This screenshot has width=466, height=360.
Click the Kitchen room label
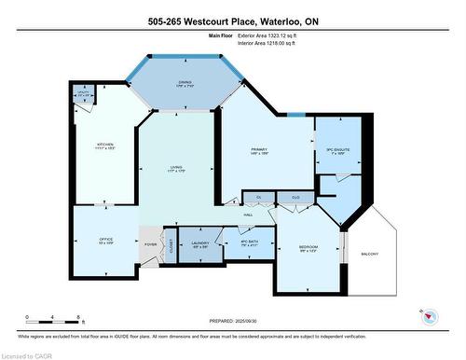(106, 145)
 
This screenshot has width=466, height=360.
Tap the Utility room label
(83, 93)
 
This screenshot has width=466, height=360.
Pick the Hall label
(249, 215)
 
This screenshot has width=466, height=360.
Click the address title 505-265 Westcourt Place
(232, 21)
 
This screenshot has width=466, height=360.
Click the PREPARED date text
(233, 320)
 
